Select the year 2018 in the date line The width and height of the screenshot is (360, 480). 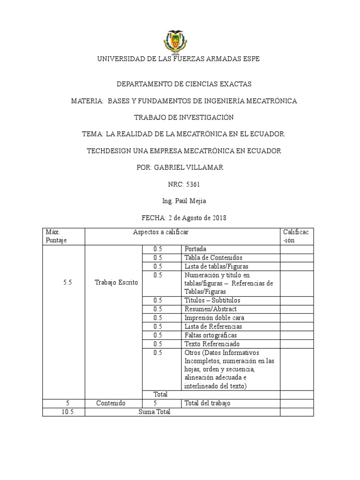(x=218, y=218)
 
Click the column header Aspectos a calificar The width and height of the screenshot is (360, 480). (x=161, y=232)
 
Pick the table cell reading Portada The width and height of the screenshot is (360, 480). (x=195, y=249)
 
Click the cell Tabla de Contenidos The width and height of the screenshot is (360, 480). (x=213, y=257)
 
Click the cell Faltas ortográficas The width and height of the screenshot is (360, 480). (x=210, y=335)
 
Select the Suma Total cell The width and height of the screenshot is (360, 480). (x=154, y=412)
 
